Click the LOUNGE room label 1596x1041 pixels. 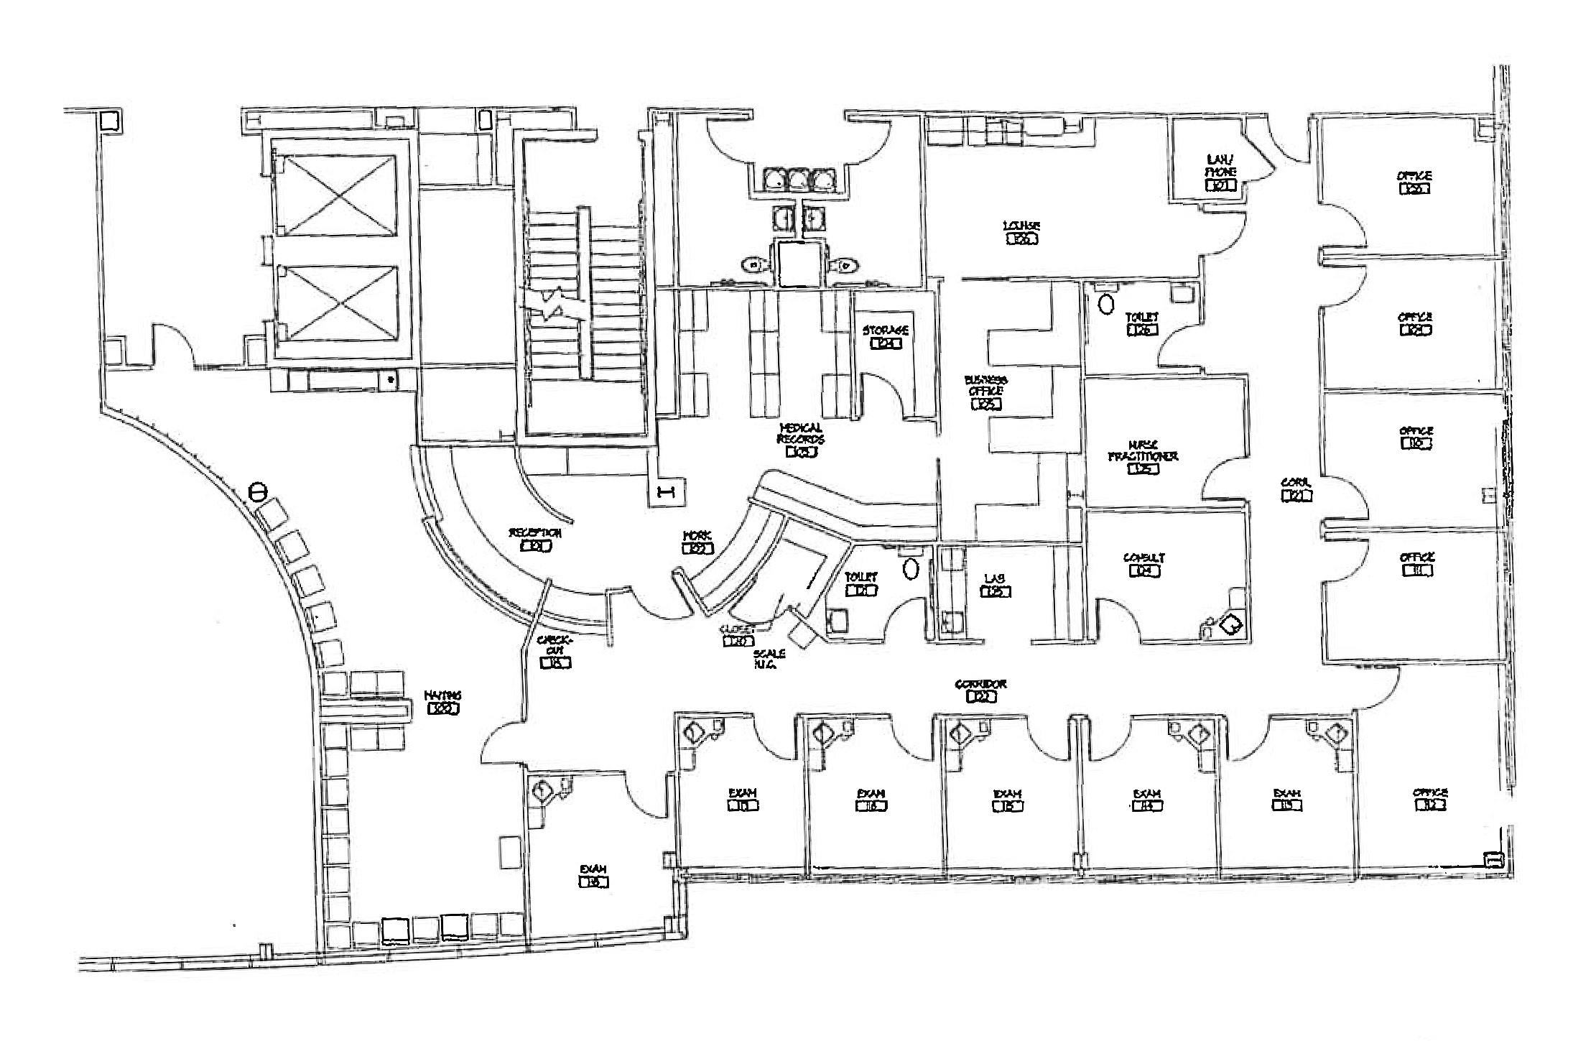point(1021,227)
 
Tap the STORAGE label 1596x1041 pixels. point(885,330)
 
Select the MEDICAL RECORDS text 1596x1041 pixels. point(801,433)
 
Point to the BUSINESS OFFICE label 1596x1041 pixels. point(985,385)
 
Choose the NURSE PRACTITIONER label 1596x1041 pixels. point(1143,451)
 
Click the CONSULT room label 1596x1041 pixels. point(1144,558)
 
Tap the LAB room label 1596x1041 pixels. point(995,578)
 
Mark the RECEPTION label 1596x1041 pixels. point(535,533)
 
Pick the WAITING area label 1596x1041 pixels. point(442,695)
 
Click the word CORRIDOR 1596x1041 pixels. point(980,684)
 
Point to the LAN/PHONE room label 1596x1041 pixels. point(1220,166)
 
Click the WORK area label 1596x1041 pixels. point(697,536)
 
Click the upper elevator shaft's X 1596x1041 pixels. point(337,195)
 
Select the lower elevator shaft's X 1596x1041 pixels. point(337,302)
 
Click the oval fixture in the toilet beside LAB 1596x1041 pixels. point(911,569)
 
